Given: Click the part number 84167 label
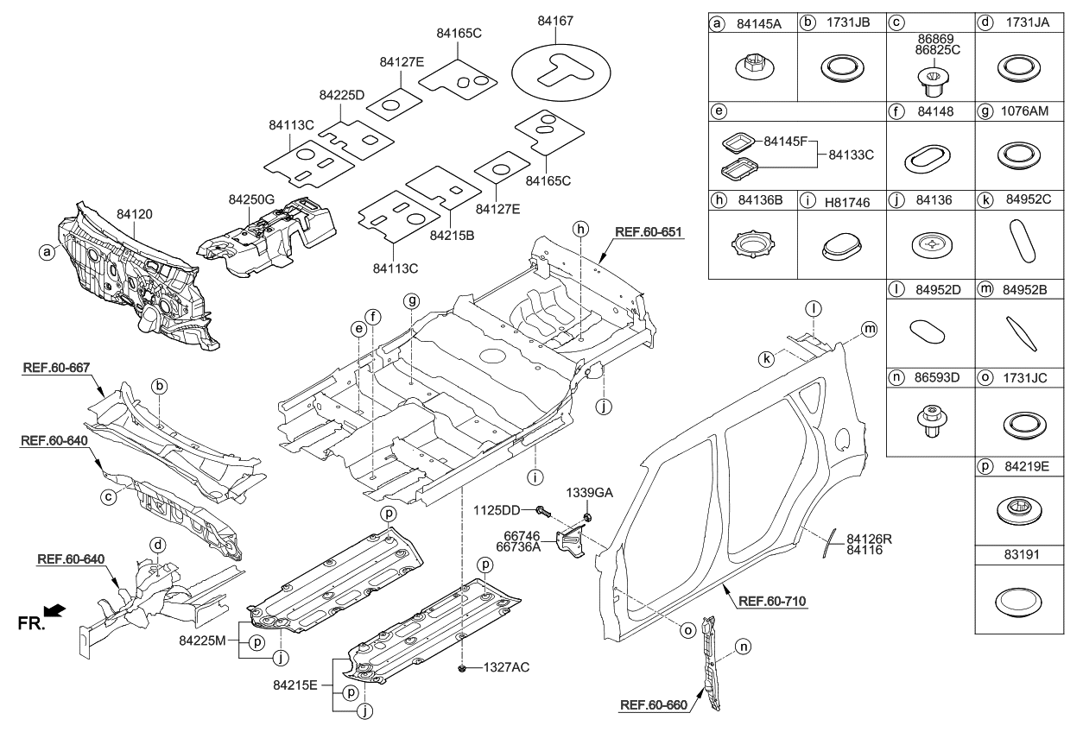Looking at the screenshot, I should [554, 20].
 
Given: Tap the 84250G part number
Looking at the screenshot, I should [251, 199].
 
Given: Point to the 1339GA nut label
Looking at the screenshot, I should [589, 492].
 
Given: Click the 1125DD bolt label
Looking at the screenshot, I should [498, 509].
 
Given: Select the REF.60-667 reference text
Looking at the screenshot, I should [56, 366].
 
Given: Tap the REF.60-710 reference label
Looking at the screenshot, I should [773, 602].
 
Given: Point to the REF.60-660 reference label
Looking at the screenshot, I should [653, 705].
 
